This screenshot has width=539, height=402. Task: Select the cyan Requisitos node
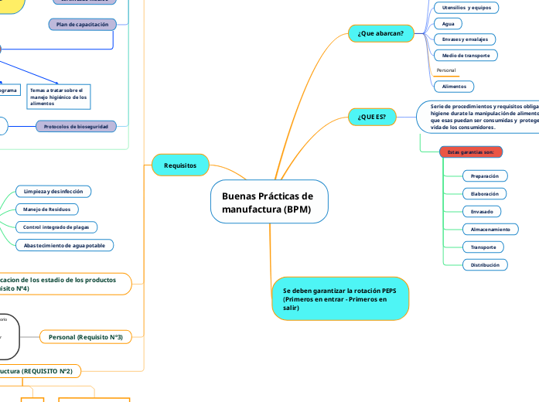click(180, 165)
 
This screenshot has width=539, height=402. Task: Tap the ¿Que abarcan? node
click(381, 33)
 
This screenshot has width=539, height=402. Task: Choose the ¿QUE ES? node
click(372, 117)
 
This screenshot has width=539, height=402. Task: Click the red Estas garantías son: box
click(471, 152)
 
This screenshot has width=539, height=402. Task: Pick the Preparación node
click(484, 176)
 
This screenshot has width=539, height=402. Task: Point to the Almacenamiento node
click(490, 230)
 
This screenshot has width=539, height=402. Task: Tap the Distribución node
click(484, 265)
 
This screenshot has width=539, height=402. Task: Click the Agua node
click(448, 23)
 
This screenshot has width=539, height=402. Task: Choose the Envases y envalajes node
click(463, 39)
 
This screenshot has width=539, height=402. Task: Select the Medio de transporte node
click(465, 56)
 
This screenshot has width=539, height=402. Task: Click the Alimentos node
click(453, 87)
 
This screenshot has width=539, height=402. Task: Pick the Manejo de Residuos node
click(46, 209)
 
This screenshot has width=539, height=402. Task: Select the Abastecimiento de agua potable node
click(65, 245)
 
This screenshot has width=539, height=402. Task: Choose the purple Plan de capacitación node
click(83, 25)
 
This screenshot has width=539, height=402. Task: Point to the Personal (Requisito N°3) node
click(86, 337)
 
